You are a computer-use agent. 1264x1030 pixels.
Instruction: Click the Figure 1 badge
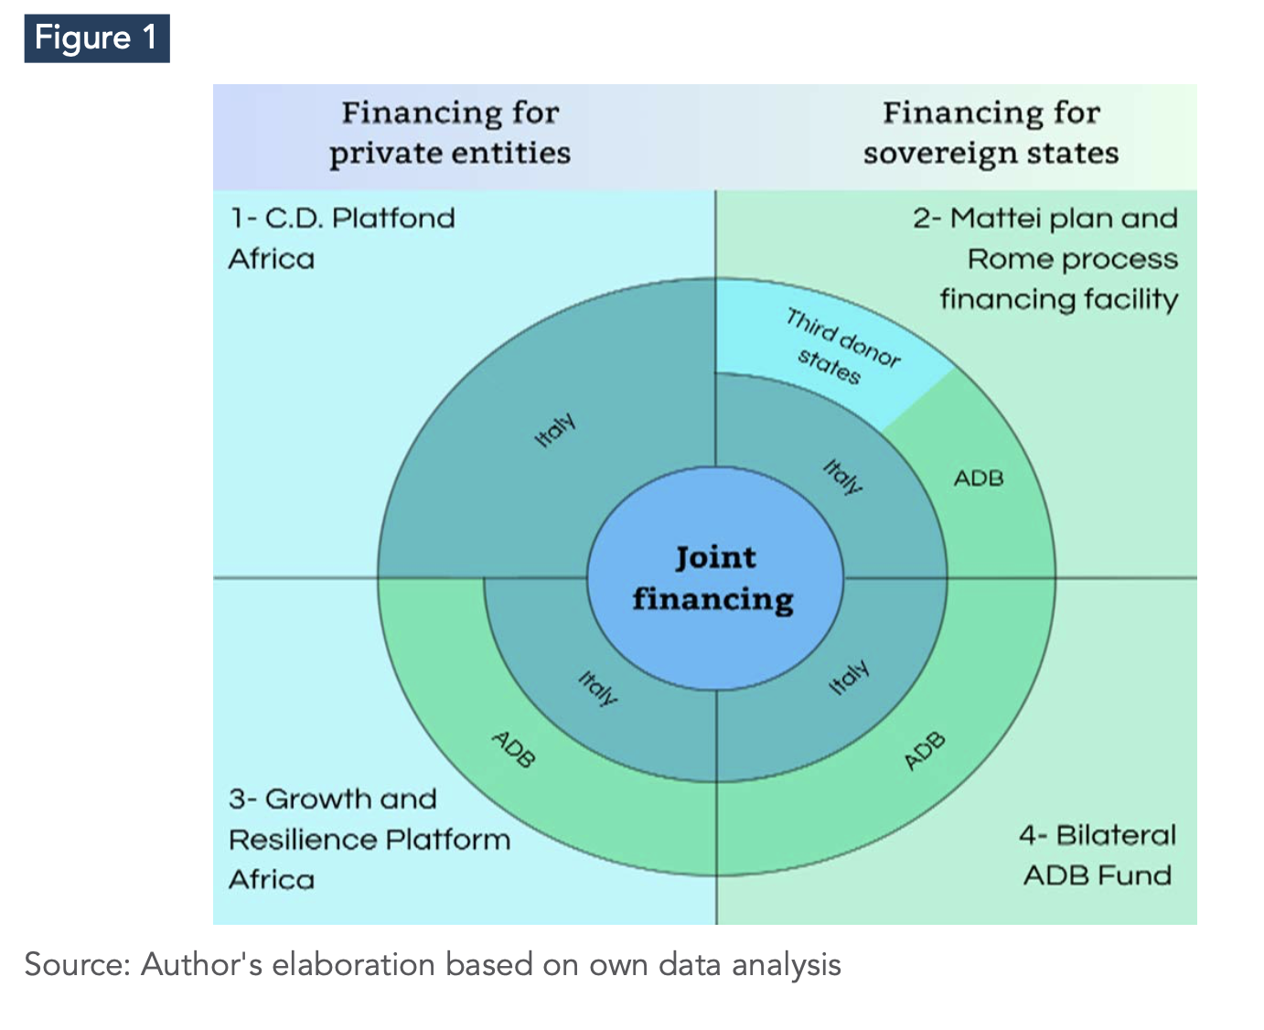point(97,38)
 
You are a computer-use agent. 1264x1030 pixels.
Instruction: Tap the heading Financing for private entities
point(450,134)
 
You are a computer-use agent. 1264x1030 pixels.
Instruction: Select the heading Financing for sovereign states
point(991,134)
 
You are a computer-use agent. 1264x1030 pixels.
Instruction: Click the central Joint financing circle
point(715,578)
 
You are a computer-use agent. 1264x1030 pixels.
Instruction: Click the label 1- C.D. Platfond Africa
point(342,239)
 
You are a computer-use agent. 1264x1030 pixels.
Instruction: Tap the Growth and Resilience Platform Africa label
point(370,839)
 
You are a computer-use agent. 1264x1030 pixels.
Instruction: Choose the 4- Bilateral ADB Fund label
point(1098,855)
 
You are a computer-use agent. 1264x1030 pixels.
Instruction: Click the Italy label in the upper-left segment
point(555,430)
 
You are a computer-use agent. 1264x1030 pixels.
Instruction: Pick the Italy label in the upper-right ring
point(842,477)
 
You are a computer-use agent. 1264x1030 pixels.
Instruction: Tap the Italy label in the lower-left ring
point(597,688)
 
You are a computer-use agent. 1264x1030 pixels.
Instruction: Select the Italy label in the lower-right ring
point(849,677)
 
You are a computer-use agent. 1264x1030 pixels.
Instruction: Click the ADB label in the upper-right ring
point(979,478)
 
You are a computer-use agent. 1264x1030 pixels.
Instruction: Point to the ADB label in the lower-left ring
point(514,749)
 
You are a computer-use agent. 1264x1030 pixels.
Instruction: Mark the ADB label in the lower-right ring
point(925,751)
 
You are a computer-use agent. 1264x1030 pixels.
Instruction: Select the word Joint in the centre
point(715,558)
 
